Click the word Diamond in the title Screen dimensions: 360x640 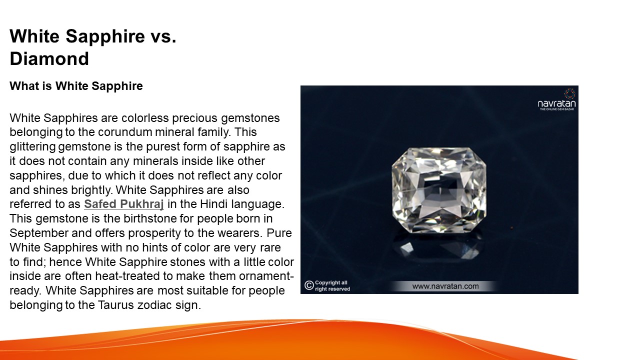click(x=49, y=59)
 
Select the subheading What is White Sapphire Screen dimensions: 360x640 click(x=76, y=86)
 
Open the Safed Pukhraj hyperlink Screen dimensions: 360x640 click(x=124, y=204)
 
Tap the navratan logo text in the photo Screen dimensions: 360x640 click(x=556, y=104)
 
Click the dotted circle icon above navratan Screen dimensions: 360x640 click(x=569, y=93)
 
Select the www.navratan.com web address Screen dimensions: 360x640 click(x=445, y=286)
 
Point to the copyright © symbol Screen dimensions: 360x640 click(x=308, y=285)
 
